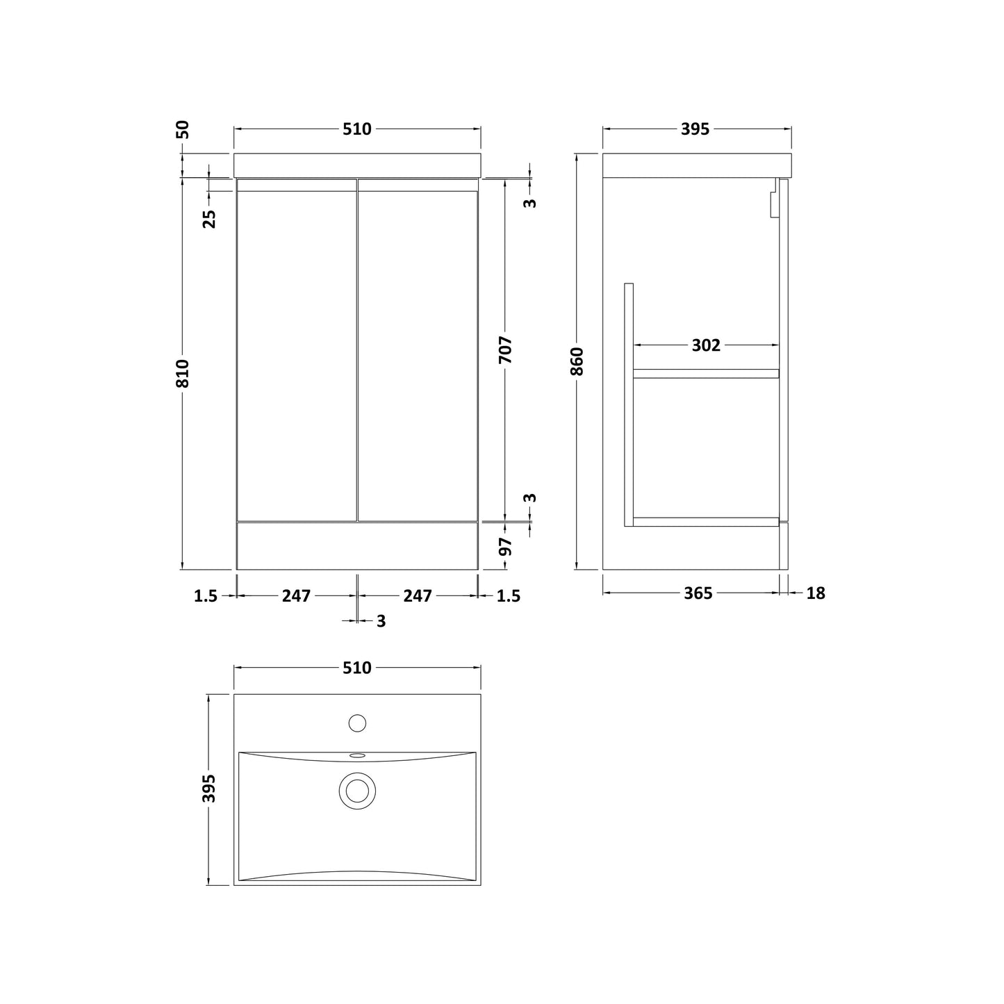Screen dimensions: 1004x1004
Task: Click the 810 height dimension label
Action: click(x=182, y=373)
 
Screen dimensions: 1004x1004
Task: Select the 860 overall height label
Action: click(x=577, y=361)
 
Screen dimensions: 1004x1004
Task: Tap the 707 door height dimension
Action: click(x=505, y=350)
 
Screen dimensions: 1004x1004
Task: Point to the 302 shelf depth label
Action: click(x=706, y=345)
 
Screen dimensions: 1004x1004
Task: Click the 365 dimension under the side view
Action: click(x=698, y=593)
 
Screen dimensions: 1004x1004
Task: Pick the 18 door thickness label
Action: click(x=816, y=593)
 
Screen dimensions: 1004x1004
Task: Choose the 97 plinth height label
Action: click(x=505, y=547)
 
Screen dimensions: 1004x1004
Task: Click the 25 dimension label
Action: click(x=209, y=219)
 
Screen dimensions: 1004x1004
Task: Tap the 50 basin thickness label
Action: click(x=183, y=129)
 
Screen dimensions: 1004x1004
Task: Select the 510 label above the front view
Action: click(x=357, y=129)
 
